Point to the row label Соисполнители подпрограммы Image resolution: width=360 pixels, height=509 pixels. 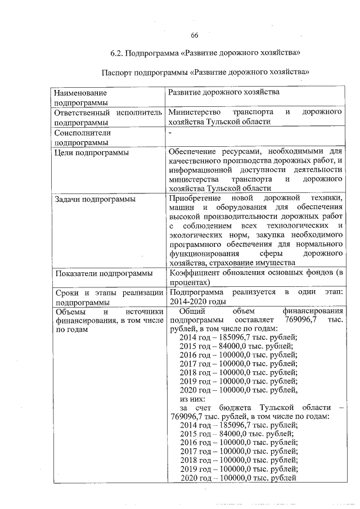point(82,138)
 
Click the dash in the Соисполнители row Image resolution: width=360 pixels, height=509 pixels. point(170,132)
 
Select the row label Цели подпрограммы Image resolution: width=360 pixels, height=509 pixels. point(90,152)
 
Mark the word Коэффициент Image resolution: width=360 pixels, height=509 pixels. point(196,273)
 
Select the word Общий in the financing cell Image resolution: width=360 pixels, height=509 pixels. point(190,311)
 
